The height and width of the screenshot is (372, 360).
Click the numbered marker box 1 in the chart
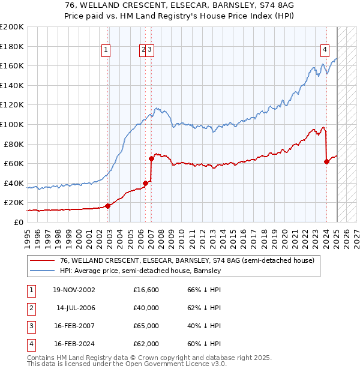pyautogui.click(x=106, y=50)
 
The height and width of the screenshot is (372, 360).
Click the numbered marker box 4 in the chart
pyautogui.click(x=325, y=50)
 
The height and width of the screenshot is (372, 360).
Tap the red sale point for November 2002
pyautogui.click(x=108, y=206)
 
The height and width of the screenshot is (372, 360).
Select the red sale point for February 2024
pyautogui.click(x=326, y=161)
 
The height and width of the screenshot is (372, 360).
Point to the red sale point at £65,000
pyautogui.click(x=151, y=158)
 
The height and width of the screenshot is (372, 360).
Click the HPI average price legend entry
pyautogui.click(x=140, y=271)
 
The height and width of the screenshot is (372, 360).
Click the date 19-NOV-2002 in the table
pyautogui.click(x=74, y=290)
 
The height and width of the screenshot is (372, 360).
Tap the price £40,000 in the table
pyautogui.click(x=146, y=308)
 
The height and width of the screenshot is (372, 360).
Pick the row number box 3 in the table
pyautogui.click(x=30, y=326)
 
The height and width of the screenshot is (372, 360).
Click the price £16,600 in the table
pyautogui.click(x=146, y=290)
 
